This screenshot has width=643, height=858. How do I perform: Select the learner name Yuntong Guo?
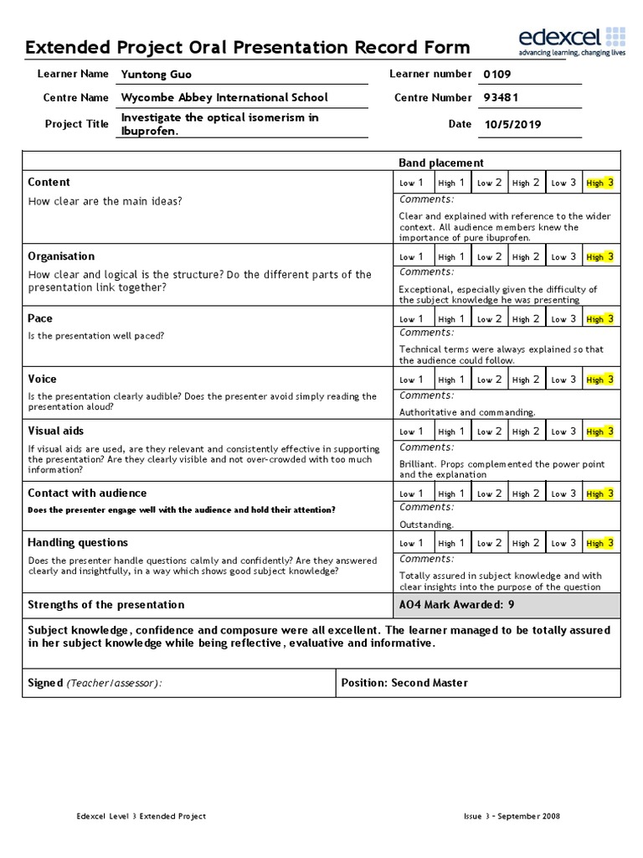click(x=157, y=75)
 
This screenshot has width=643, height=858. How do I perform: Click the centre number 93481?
click(x=502, y=97)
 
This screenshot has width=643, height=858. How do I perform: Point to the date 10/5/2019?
click(x=512, y=125)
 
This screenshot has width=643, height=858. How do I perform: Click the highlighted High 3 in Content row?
click(x=600, y=183)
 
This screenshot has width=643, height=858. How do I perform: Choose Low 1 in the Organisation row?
click(x=411, y=257)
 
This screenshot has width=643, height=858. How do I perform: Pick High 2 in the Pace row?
click(x=526, y=318)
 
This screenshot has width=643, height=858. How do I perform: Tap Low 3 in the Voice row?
click(x=563, y=380)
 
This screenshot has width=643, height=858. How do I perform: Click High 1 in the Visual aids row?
click(x=451, y=432)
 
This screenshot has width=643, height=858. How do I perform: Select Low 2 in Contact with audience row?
click(x=489, y=494)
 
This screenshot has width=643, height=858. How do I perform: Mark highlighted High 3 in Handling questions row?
click(x=600, y=543)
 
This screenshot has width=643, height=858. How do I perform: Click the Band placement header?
click(x=440, y=163)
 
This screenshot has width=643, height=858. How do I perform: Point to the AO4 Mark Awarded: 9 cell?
click(x=454, y=605)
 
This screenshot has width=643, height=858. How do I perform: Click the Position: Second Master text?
click(x=404, y=683)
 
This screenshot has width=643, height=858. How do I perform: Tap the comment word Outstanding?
click(x=426, y=525)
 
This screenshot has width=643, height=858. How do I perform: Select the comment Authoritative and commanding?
click(x=466, y=412)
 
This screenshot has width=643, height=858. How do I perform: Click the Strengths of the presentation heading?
click(x=105, y=605)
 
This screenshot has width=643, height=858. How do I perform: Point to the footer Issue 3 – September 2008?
click(x=512, y=816)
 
